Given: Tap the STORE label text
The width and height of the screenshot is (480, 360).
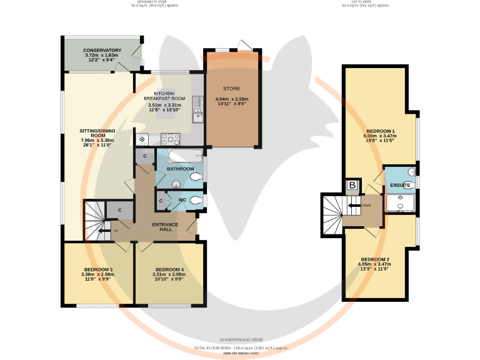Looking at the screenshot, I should click(x=231, y=89).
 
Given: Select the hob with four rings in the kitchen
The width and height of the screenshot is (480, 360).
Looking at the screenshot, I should click(x=171, y=139).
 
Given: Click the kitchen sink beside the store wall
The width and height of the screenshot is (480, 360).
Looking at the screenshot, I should click(x=197, y=112).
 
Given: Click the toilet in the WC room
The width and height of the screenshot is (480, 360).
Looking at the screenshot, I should click(x=197, y=200).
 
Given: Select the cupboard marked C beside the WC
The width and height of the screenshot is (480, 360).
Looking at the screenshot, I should click(x=161, y=201).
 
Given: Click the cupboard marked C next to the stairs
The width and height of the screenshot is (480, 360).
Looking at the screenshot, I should click(x=119, y=211).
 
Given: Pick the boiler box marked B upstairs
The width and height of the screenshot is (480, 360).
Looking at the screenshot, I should click(x=352, y=186).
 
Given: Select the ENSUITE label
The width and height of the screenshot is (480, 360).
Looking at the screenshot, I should click(x=400, y=186).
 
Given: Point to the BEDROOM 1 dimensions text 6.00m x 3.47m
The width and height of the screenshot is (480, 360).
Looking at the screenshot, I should click(x=381, y=136).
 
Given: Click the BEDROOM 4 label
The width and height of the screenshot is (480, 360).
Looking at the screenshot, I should click(x=169, y=269).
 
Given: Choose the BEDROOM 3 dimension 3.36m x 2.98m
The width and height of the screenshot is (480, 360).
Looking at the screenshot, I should click(x=97, y=274).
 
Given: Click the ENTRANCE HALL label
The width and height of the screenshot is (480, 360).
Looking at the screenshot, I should click(x=166, y=227).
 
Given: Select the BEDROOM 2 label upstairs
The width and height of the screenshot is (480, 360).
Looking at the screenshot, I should click(x=375, y=259).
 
